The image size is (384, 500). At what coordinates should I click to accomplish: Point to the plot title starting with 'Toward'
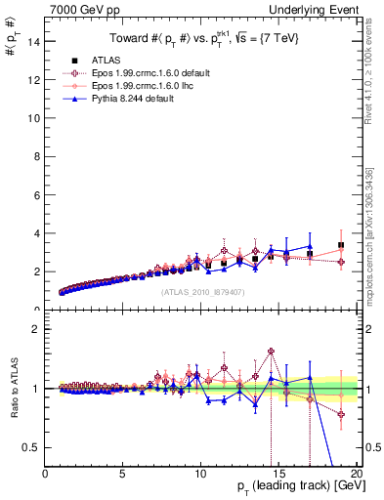203,39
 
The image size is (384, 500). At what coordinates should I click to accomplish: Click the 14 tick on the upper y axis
34,41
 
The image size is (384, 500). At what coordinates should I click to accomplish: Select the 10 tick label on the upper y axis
34,118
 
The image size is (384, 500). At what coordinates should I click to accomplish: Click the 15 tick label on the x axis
278,476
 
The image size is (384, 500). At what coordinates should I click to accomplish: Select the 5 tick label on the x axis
123,476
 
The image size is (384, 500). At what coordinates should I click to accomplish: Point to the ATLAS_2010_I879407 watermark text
202,291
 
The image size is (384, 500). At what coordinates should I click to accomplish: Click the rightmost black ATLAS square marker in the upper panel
341,245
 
